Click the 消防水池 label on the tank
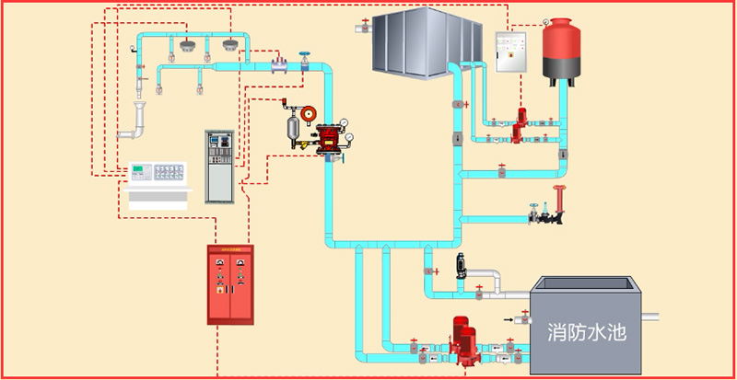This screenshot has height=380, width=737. pyautogui.click(x=586, y=332)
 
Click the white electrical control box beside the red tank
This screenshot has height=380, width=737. pyautogui.click(x=509, y=52)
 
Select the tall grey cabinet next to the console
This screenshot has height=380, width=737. pyautogui.click(x=220, y=167)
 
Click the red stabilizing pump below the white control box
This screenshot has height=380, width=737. pyautogui.click(x=521, y=124)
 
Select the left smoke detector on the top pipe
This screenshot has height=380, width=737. pyautogui.click(x=188, y=46)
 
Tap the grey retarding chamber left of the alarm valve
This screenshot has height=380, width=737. pyautogui.click(x=294, y=126)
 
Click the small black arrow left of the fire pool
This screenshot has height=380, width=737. pyautogui.click(x=509, y=319)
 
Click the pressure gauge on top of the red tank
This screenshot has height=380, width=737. pyautogui.click(x=547, y=21)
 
